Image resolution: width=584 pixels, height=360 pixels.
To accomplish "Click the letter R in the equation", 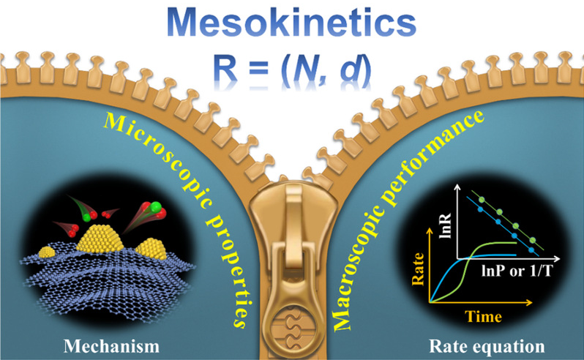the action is tap(226, 69).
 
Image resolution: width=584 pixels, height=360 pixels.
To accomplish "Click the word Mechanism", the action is tap(111, 346).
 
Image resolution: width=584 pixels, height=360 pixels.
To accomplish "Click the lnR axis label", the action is tap(445, 226).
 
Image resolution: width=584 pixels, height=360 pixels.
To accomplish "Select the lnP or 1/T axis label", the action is tap(517, 271).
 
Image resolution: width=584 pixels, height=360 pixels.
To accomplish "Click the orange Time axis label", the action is tap(483, 316).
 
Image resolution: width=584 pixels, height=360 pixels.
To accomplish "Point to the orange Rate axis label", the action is tap(418, 269).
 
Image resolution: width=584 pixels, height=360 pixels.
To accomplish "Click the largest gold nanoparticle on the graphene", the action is tap(100, 239).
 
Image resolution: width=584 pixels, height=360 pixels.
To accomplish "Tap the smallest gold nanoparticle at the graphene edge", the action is tap(47, 252).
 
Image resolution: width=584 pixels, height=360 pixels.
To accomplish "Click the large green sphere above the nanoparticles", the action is tap(156, 206).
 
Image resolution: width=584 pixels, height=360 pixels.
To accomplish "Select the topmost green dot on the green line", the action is tap(482, 200).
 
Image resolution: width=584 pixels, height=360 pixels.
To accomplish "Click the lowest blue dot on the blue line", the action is tap(531, 250).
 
